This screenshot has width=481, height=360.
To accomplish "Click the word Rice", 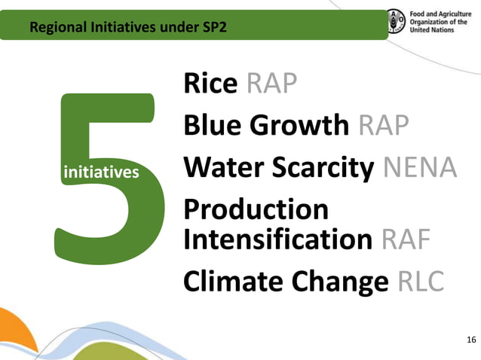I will pos(210,84).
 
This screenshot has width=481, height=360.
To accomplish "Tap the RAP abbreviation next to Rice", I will pos(271,84).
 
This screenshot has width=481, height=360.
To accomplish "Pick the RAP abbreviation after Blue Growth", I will pos(384,124).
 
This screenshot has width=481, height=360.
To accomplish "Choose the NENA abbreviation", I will pos(420,166).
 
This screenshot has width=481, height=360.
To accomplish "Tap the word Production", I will pos(256,209).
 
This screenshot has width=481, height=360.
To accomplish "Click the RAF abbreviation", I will pos(406,239).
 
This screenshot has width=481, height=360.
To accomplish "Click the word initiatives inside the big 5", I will pos(102,172).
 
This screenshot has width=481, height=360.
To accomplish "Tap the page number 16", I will pos(471,340).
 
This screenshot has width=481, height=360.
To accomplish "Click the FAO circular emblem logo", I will pos(396,22).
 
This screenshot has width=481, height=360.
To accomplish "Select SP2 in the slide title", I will pos(213,29).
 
